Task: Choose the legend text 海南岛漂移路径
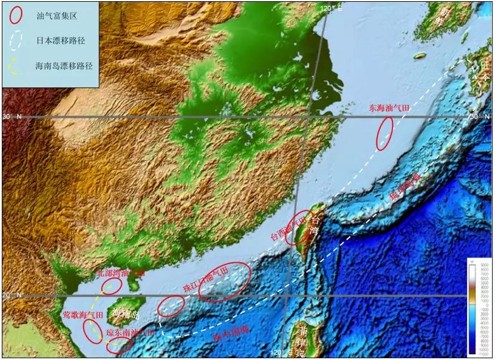(63, 66)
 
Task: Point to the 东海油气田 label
(389, 108)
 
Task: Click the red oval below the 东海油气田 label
(385, 133)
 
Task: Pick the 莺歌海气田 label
(84, 315)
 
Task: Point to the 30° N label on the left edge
(11, 117)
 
